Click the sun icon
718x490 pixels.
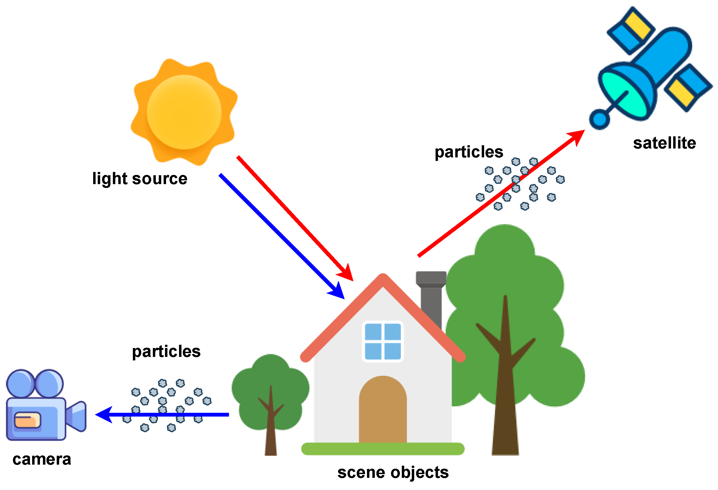184,112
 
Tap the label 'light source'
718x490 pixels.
140,178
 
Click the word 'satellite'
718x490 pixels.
664,143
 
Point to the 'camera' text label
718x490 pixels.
42,459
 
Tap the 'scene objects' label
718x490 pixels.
393,472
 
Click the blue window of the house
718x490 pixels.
383,342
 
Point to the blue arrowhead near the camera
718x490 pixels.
103,415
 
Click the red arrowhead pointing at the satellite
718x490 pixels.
577,136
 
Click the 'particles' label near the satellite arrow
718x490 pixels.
469,152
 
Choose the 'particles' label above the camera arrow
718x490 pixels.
166,351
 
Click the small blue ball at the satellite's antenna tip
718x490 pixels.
599,119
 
